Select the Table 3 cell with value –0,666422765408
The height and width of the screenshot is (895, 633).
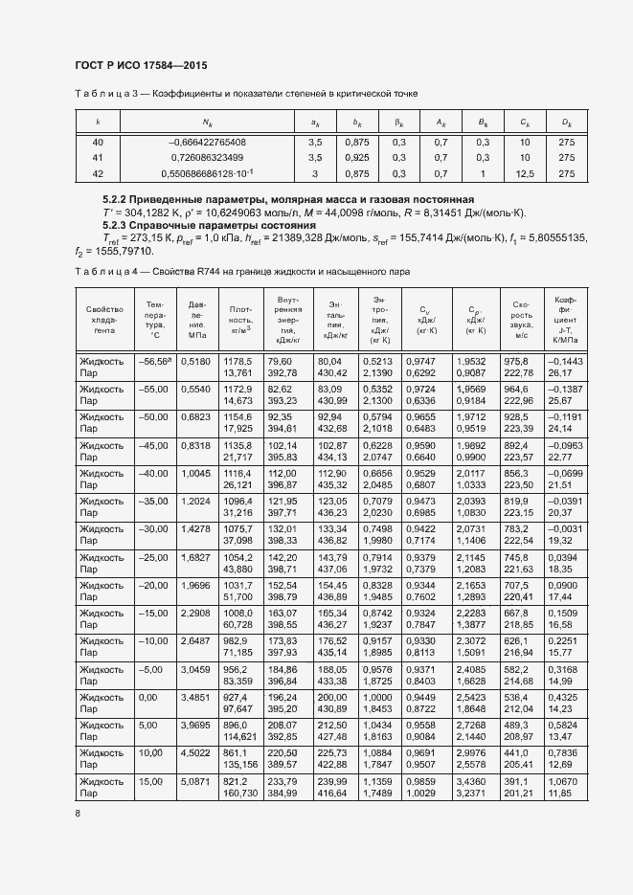(207, 142)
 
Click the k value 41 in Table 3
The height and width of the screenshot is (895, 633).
(98, 157)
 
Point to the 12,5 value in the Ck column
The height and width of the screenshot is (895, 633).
(525, 173)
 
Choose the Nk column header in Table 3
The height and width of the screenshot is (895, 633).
(207, 123)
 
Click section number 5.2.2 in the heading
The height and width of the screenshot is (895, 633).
(117, 197)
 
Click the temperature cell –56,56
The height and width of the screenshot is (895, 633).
(153, 361)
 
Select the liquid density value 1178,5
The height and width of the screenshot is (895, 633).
(237, 361)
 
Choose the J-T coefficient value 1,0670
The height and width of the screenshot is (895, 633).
(562, 782)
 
